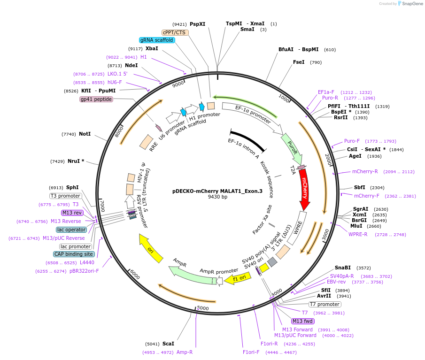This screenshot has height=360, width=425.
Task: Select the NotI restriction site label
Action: pos(85,134)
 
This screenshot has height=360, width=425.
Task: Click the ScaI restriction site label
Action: pos(168,344)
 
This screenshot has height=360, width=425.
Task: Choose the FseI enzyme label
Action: pos(299,62)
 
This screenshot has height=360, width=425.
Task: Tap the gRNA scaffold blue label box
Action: pos(157,40)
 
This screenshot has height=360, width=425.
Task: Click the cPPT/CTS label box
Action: pos(175,32)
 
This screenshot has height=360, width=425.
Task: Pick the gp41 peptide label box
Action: pos(96,99)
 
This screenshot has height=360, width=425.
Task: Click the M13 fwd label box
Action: pos(302,321)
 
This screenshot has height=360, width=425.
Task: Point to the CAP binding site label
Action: pos(74,254)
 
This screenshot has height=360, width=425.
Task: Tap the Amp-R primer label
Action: pos(185,352)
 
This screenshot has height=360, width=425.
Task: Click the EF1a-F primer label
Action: pos(326,92)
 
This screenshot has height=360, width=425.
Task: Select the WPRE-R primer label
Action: pos(358,234)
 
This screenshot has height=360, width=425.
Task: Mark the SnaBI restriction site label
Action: pos(343,268)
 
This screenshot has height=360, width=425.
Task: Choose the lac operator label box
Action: pos(71,230)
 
